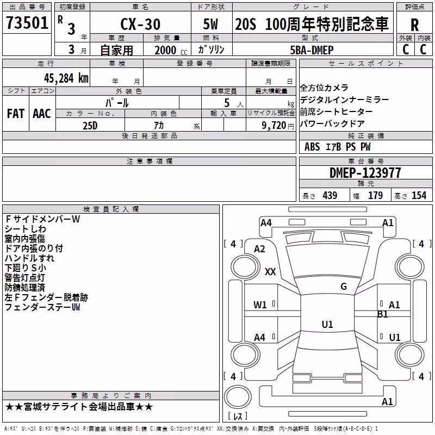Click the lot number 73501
click(x=27, y=23)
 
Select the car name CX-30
click(x=140, y=24)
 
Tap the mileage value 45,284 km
click(x=66, y=78)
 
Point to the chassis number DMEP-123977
click(x=365, y=173)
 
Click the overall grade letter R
click(x=414, y=25)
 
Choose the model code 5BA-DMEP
click(x=312, y=50)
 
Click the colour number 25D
click(x=90, y=126)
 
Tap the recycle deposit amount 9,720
click(x=274, y=126)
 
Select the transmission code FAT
click(x=16, y=114)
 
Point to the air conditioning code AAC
click(x=42, y=114)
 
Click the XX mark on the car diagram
click(x=270, y=271)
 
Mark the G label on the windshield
click(x=344, y=287)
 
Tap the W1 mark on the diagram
click(x=260, y=305)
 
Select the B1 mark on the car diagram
click(x=382, y=314)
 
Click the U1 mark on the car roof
click(x=327, y=324)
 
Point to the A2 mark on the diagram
click(x=259, y=249)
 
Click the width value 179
click(x=375, y=195)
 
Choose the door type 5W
click(x=210, y=24)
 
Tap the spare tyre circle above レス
click(x=238, y=397)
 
